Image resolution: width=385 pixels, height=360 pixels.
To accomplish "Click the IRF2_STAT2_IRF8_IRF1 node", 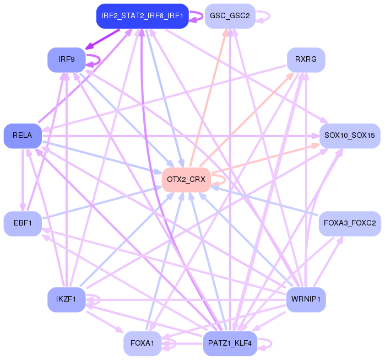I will pos(142,16).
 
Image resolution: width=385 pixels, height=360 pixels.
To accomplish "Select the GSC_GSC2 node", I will pos(229,16).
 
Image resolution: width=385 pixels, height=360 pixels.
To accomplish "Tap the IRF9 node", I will pos(66,60).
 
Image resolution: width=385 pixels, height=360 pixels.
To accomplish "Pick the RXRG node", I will pos(306,60).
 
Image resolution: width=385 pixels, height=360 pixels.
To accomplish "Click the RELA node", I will pos(23,136).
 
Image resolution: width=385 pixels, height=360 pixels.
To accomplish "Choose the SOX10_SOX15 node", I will pos(350,136).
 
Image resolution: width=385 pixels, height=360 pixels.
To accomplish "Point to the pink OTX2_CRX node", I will pos(186,180).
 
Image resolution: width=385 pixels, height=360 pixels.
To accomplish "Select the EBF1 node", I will pos(23,224).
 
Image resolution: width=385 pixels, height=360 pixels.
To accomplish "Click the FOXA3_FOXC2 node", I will pos(350,224).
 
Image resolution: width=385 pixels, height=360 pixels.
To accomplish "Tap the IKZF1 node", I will pos(66,300).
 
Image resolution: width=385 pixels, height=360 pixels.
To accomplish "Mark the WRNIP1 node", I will pos(306,300).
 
